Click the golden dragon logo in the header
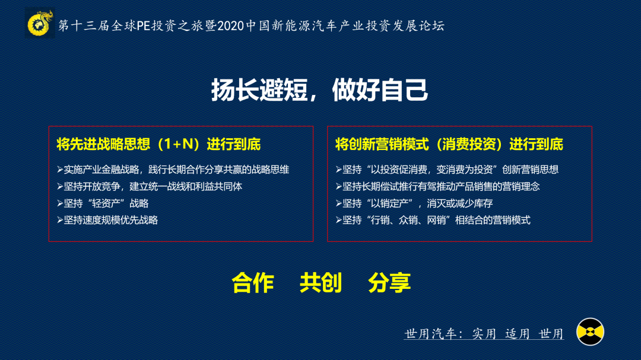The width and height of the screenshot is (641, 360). click(x=40, y=24)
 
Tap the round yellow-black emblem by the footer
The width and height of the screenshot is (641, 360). click(x=590, y=332)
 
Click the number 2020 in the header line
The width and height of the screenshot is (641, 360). click(x=230, y=26)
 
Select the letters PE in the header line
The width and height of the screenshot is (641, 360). click(x=144, y=26)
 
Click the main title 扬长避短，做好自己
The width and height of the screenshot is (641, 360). click(x=320, y=90)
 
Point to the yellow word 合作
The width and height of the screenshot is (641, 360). click(x=253, y=283)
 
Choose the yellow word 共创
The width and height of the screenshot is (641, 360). click(x=321, y=283)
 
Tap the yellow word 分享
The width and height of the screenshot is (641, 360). click(x=389, y=283)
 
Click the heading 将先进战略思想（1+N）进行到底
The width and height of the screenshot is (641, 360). click(x=158, y=144)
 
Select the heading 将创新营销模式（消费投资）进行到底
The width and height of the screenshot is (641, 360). click(x=449, y=144)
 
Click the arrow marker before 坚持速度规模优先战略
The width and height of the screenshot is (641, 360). click(x=60, y=220)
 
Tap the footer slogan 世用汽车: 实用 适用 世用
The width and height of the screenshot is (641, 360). click(x=484, y=333)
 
